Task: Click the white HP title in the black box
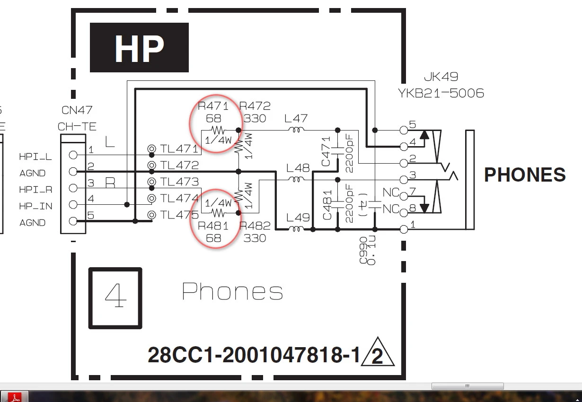pos(139,49)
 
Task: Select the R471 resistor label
pos(213,106)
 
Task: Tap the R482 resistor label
pos(255,226)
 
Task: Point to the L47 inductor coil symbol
pos(296,129)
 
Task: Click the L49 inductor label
pos(298,218)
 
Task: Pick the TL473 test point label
pos(179,182)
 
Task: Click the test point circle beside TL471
pos(152,149)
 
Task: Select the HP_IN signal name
pos(36,206)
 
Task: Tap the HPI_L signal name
pos(35,157)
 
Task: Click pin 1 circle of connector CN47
pos(73,155)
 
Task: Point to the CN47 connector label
pos(77,110)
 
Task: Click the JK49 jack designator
pos(441,77)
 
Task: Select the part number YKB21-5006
pos(441,93)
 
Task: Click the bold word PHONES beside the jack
pos(525,175)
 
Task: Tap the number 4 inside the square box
pos(115,295)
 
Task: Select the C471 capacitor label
pos(326,152)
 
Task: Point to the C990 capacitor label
pos(363,250)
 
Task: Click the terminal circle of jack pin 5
pos(404,130)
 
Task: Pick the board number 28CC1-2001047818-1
pos(254,355)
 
